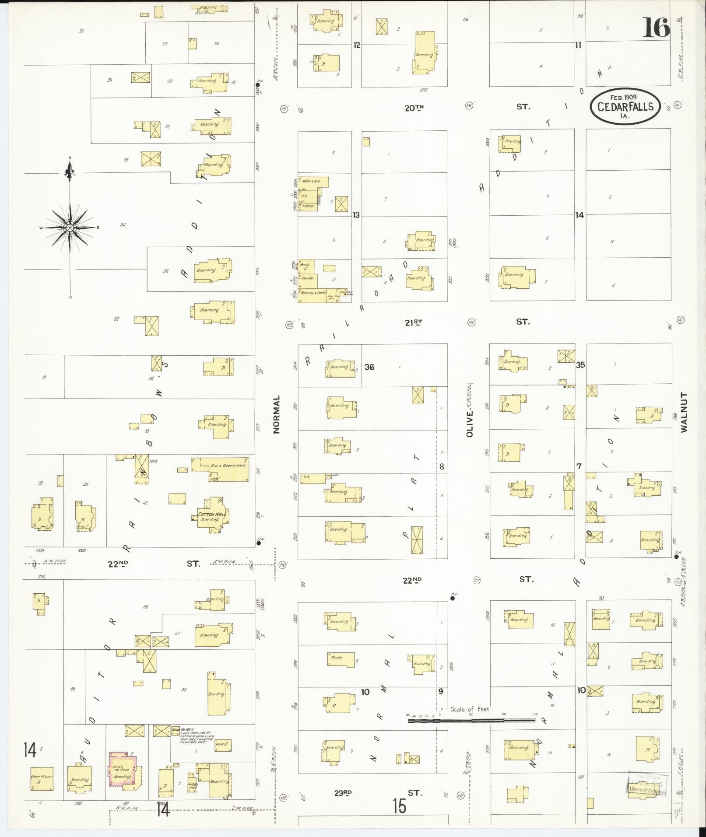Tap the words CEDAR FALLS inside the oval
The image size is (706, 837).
coord(625,107)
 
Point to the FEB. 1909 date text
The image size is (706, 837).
coord(624,97)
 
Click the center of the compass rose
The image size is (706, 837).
coord(70,228)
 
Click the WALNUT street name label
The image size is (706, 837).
coord(684,412)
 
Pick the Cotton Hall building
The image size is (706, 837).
coord(212,515)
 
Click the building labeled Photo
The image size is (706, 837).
coord(340,659)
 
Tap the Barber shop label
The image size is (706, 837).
coord(308,278)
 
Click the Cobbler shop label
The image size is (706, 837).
coord(308,206)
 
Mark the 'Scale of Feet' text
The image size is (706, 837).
coord(471,709)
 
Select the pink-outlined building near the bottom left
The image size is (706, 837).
coord(123,769)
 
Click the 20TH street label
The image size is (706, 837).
coord(414,108)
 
